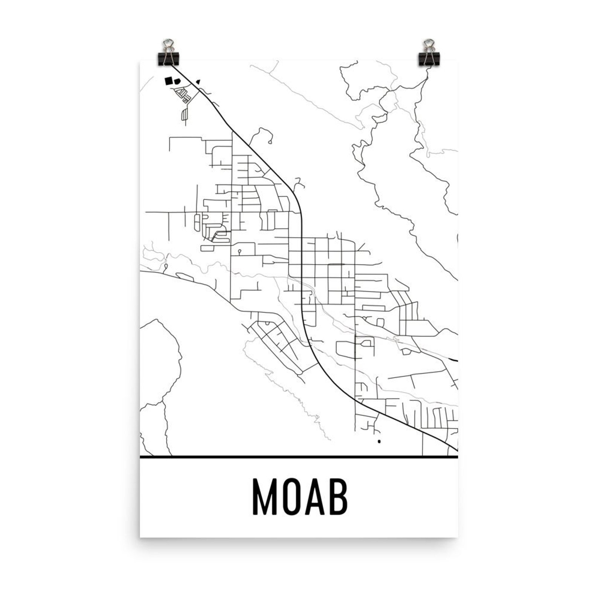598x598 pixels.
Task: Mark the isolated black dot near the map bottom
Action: tap(379, 441)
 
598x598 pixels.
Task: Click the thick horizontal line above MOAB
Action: tap(299, 457)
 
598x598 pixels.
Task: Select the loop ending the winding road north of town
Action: tap(270, 142)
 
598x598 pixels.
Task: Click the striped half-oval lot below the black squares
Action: tap(184, 113)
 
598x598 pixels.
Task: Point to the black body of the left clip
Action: tap(169, 59)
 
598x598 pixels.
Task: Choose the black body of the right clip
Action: tap(429, 59)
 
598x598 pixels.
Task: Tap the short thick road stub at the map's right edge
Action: tap(455, 360)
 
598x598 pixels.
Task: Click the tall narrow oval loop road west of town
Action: tap(196, 222)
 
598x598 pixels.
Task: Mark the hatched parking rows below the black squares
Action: tap(183, 95)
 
